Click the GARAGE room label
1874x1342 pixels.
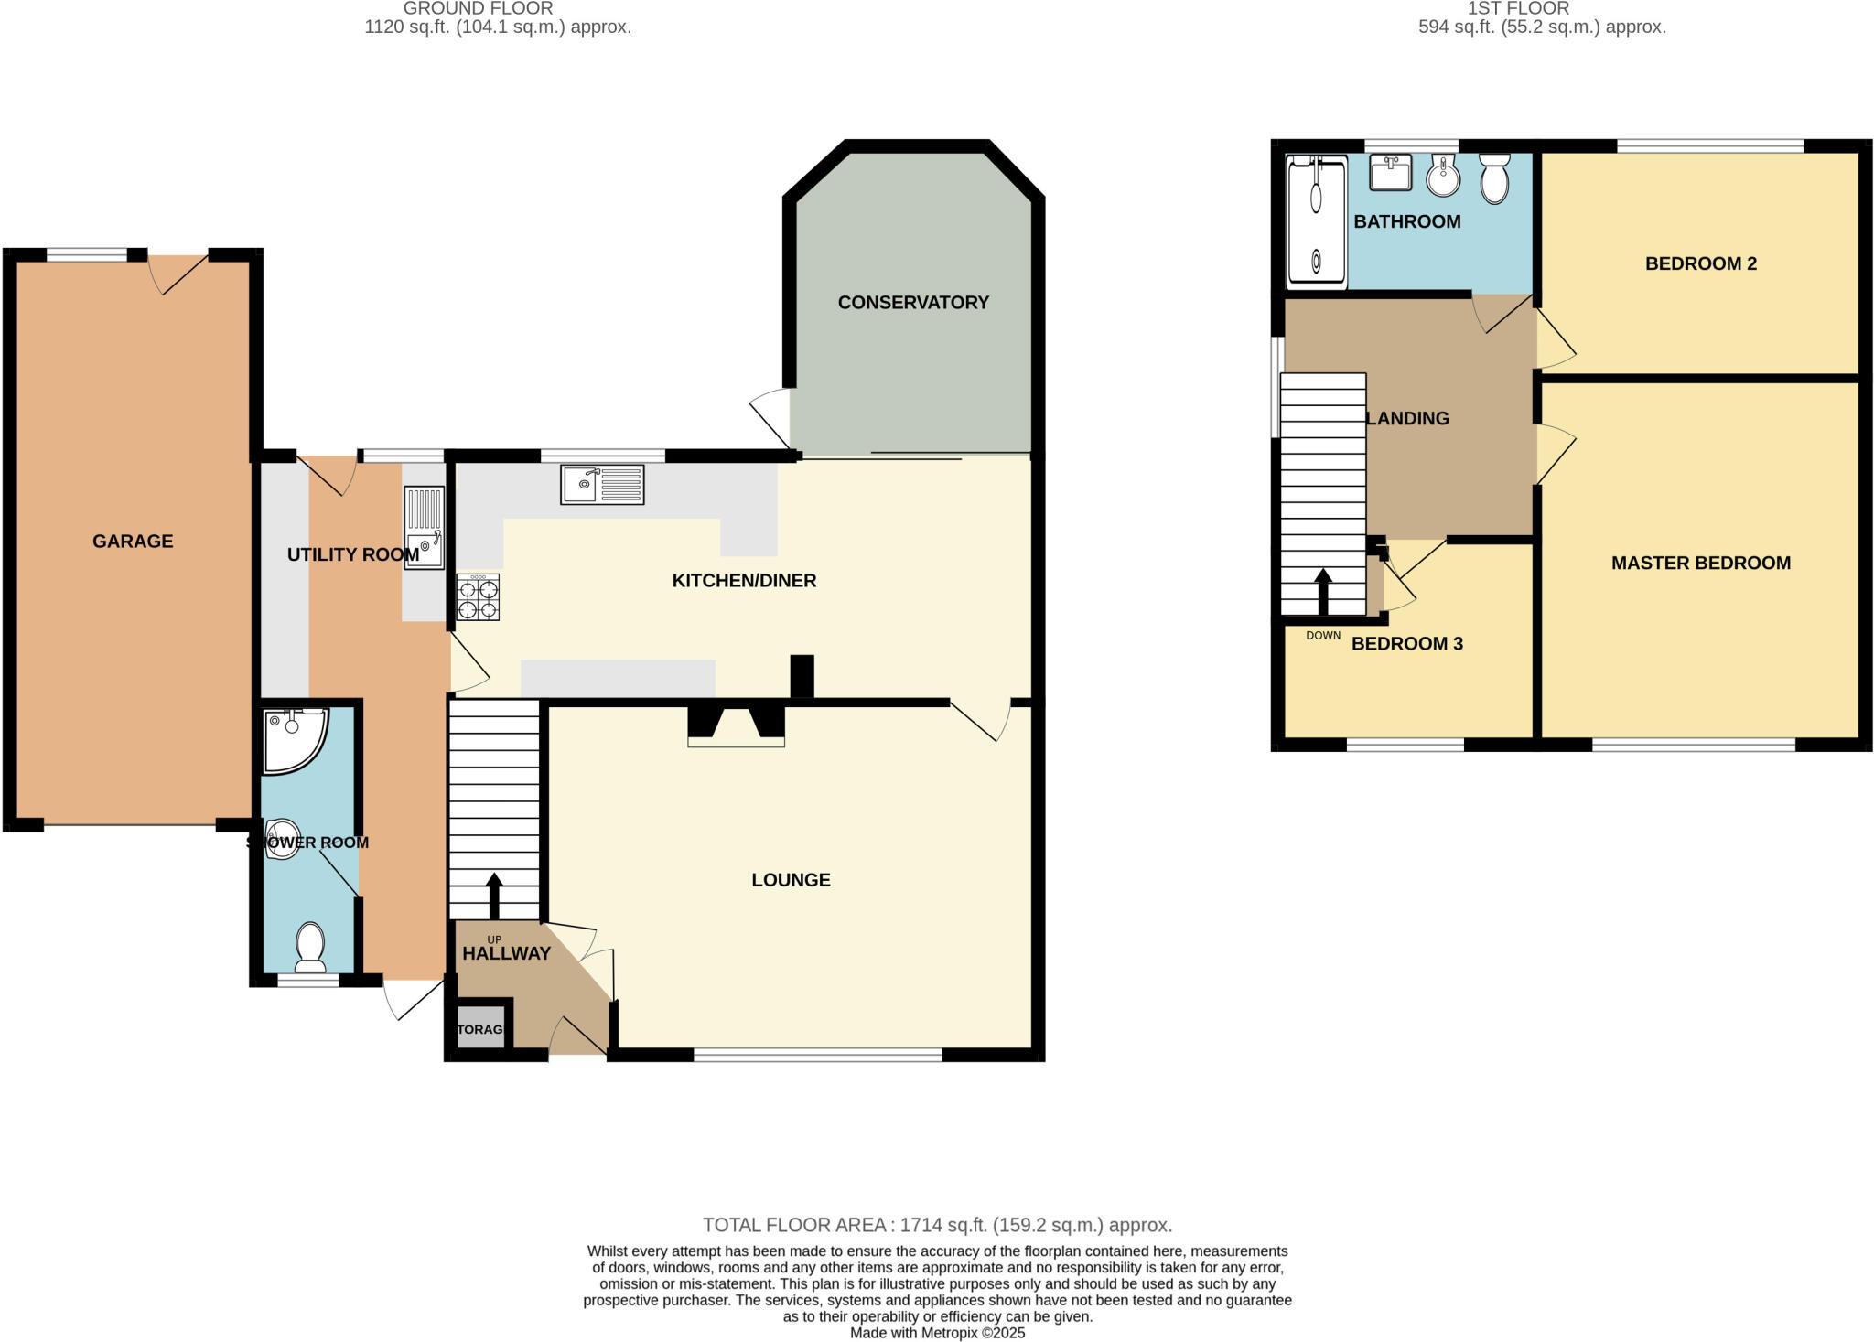coord(133,541)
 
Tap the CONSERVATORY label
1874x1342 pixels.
coord(913,302)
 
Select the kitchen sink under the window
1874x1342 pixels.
coord(602,484)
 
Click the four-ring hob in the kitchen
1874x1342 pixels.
coord(478,597)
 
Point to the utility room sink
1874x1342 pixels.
coord(424,528)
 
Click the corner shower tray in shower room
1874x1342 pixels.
coord(291,736)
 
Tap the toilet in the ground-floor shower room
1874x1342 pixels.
coord(310,947)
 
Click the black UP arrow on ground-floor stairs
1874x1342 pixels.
coord(494,895)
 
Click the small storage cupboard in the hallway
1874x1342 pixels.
coord(480,1028)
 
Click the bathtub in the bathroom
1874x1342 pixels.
coord(1317,220)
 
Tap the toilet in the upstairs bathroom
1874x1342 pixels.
coord(1493,177)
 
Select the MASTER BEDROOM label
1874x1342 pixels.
coord(1700,563)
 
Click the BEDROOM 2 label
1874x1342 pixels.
coord(1700,263)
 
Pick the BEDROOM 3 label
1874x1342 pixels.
coord(1406,643)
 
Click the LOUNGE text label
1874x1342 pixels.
coord(791,879)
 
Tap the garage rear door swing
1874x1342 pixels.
coord(178,273)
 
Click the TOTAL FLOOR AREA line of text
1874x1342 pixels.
coord(937,1224)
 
